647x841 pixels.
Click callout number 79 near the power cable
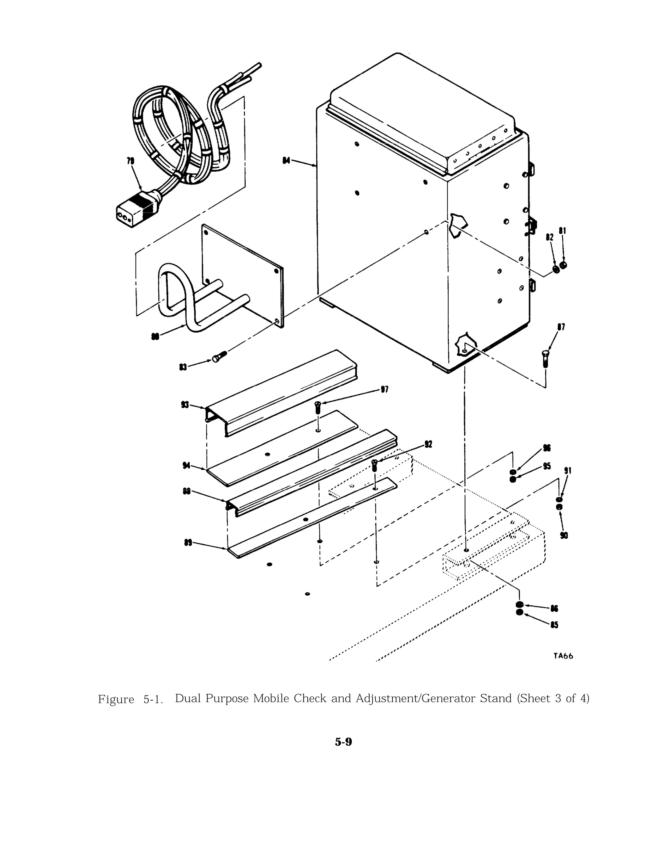click(x=130, y=161)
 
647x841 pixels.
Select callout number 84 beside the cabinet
click(x=286, y=160)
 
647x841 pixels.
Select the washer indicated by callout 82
click(x=556, y=269)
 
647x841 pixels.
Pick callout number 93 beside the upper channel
click(x=185, y=405)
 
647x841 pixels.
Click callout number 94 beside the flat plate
click(x=187, y=466)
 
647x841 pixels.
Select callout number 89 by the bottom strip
click(x=188, y=543)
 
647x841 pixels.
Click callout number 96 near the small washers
click(x=547, y=448)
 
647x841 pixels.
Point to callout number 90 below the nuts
click(x=564, y=535)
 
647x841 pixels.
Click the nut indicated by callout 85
click(x=520, y=612)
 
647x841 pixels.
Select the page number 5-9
click(x=343, y=742)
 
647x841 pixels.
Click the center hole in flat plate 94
click(x=268, y=455)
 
